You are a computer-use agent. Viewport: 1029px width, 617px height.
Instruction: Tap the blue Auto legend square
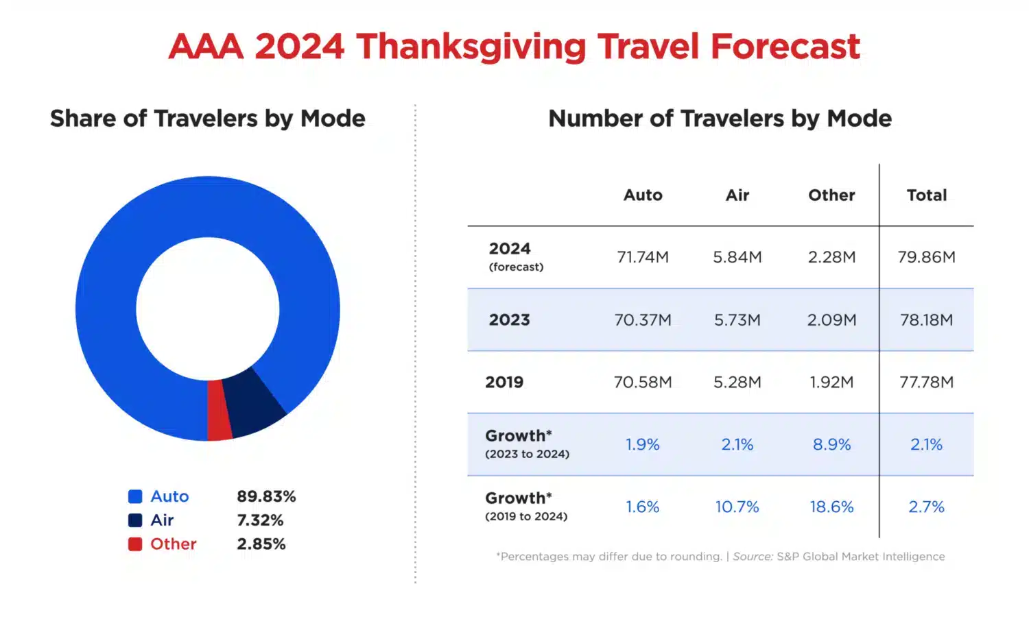coord(135,496)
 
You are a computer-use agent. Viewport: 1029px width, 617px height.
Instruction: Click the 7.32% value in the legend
coord(260,520)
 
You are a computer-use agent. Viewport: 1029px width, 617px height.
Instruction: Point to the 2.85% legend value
coord(261,544)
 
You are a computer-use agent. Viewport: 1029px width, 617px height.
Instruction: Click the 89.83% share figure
coord(266,496)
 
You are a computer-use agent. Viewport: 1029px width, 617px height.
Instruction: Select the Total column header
coord(926,195)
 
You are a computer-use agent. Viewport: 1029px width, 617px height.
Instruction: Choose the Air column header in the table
coord(737,195)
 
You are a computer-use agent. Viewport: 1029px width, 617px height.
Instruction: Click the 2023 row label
coord(509,320)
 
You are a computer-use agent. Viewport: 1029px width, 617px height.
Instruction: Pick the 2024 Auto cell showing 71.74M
coord(643,257)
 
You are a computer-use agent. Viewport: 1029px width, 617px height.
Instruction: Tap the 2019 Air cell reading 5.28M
coord(737,383)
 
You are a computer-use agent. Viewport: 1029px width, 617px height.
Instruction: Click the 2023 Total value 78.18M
coord(926,320)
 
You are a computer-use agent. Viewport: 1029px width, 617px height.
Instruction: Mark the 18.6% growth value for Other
coord(831,507)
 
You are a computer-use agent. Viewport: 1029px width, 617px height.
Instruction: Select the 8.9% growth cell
coord(831,445)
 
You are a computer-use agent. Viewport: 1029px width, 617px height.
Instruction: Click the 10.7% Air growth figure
coord(737,507)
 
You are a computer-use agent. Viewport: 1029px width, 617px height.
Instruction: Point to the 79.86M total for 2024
coord(926,257)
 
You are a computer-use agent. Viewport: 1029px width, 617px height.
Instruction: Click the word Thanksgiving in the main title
coord(471,47)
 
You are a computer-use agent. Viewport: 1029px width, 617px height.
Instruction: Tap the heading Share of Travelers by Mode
coord(207,119)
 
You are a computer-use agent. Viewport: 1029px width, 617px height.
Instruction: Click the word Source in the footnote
coord(753,557)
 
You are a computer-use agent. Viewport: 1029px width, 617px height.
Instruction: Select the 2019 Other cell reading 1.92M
coord(831,383)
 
